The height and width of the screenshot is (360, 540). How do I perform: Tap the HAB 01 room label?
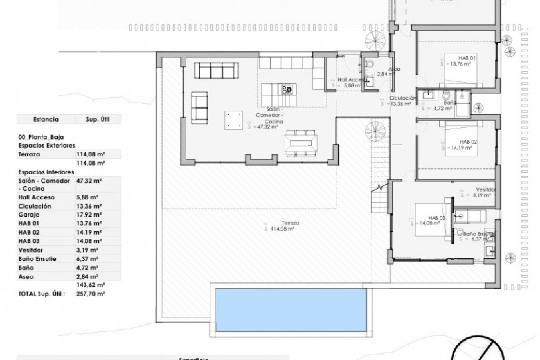pyautogui.click(x=467, y=58)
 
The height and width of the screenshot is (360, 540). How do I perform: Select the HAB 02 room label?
pyautogui.click(x=468, y=142)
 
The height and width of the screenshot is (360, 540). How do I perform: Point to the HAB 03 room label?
pyautogui.click(x=437, y=218)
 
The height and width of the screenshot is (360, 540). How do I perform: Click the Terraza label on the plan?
pyautogui.click(x=291, y=223)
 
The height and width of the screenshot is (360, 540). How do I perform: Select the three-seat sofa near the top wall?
pyautogui.click(x=217, y=70)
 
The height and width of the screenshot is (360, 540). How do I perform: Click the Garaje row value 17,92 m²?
pyautogui.click(x=89, y=215)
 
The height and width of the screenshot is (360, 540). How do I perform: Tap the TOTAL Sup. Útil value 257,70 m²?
pyautogui.click(x=91, y=294)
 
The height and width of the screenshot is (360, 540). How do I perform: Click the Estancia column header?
pyautogui.click(x=46, y=119)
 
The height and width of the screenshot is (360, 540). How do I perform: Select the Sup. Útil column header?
pyautogui.click(x=97, y=119)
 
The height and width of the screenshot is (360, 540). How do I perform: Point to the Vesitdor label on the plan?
pyautogui.click(x=486, y=190)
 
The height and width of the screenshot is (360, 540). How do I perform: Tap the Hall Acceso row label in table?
pyautogui.click(x=36, y=197)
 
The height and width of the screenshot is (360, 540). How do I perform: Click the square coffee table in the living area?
pyautogui.click(x=233, y=120)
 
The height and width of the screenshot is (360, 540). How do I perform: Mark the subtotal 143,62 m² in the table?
pyautogui.click(x=91, y=285)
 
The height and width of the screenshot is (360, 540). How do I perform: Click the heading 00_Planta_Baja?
pyautogui.click(x=41, y=137)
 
